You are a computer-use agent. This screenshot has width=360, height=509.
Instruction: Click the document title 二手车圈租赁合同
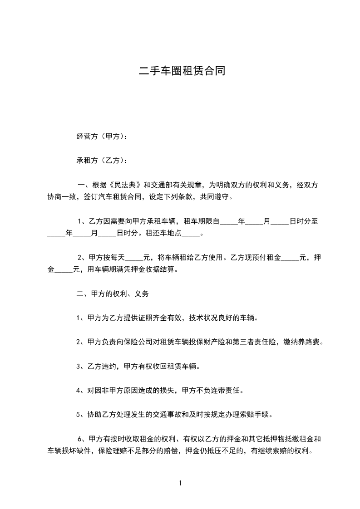tap(182, 71)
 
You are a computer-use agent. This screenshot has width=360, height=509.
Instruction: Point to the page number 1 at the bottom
tap(180, 484)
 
